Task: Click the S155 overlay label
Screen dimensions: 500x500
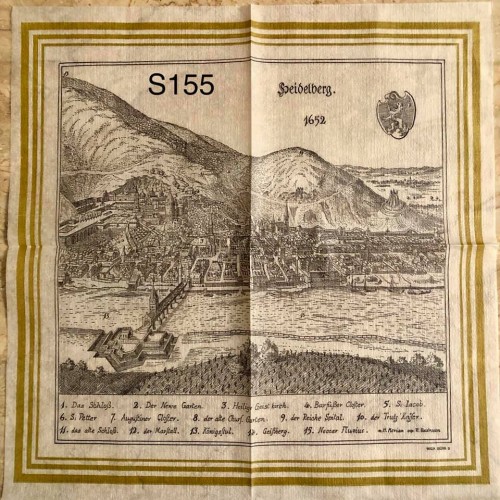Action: click(181, 85)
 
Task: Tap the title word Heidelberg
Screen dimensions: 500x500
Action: click(308, 89)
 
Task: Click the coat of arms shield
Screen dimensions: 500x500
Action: click(395, 113)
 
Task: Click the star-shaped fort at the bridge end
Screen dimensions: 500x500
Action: click(130, 345)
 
